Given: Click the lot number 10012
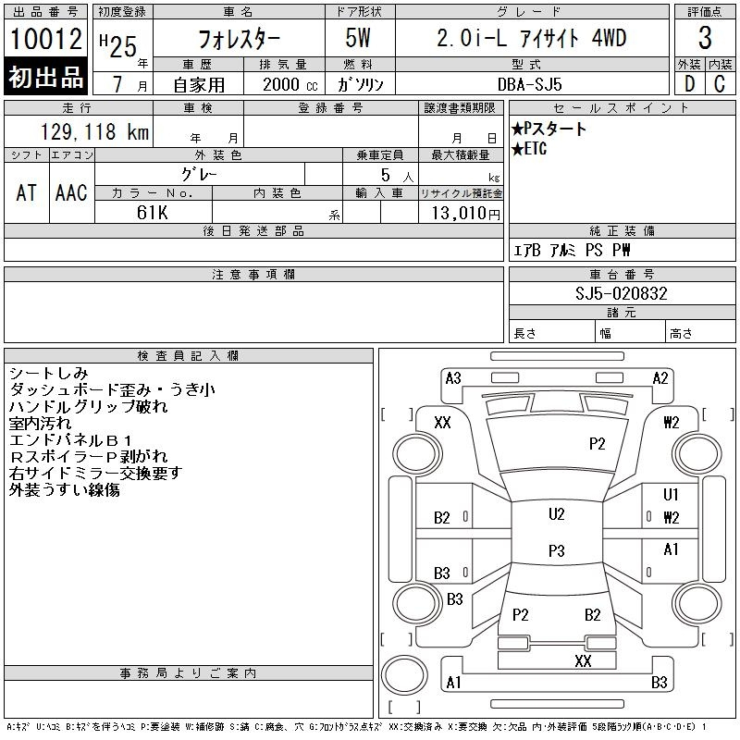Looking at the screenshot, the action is click(45, 39).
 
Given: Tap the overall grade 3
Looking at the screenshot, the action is click(705, 38).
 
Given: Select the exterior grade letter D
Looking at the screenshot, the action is click(689, 84).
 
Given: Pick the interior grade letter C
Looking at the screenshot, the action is click(720, 84).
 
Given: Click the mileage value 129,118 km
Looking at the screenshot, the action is click(94, 131).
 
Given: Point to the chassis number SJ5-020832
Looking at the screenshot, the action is click(621, 293).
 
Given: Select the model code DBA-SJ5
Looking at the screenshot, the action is click(529, 84).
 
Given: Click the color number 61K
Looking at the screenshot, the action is click(152, 213).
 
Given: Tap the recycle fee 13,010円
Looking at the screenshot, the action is click(465, 214).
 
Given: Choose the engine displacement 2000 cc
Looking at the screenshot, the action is click(290, 84).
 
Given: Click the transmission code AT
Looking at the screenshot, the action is click(26, 192).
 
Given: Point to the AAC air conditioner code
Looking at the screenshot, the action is click(71, 192).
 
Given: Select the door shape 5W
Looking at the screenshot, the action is click(358, 38).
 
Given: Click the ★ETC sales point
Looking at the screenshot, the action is click(529, 149).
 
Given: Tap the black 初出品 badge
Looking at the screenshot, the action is click(45, 77).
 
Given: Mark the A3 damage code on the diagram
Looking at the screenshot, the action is click(453, 378).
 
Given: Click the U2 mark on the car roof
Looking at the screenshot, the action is click(557, 514).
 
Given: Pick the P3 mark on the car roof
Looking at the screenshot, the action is click(557, 550).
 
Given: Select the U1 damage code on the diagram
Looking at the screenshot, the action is click(671, 494).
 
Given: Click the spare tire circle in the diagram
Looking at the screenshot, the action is click(404, 675).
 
